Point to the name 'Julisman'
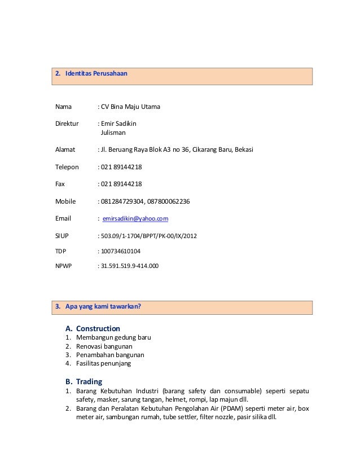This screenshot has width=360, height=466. click(113, 133)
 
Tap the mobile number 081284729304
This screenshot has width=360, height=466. click(121, 201)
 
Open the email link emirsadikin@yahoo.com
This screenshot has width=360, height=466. click(135, 218)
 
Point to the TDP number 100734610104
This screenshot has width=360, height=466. click(120, 251)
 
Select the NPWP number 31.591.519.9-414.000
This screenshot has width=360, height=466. click(129, 265)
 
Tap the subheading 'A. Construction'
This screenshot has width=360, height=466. click(93, 328)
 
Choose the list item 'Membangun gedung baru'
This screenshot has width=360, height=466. click(113, 338)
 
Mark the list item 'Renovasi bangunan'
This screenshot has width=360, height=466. click(104, 346)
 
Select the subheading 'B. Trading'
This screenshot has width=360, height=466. click(84, 381)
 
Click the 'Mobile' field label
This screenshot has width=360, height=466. click(65, 201)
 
